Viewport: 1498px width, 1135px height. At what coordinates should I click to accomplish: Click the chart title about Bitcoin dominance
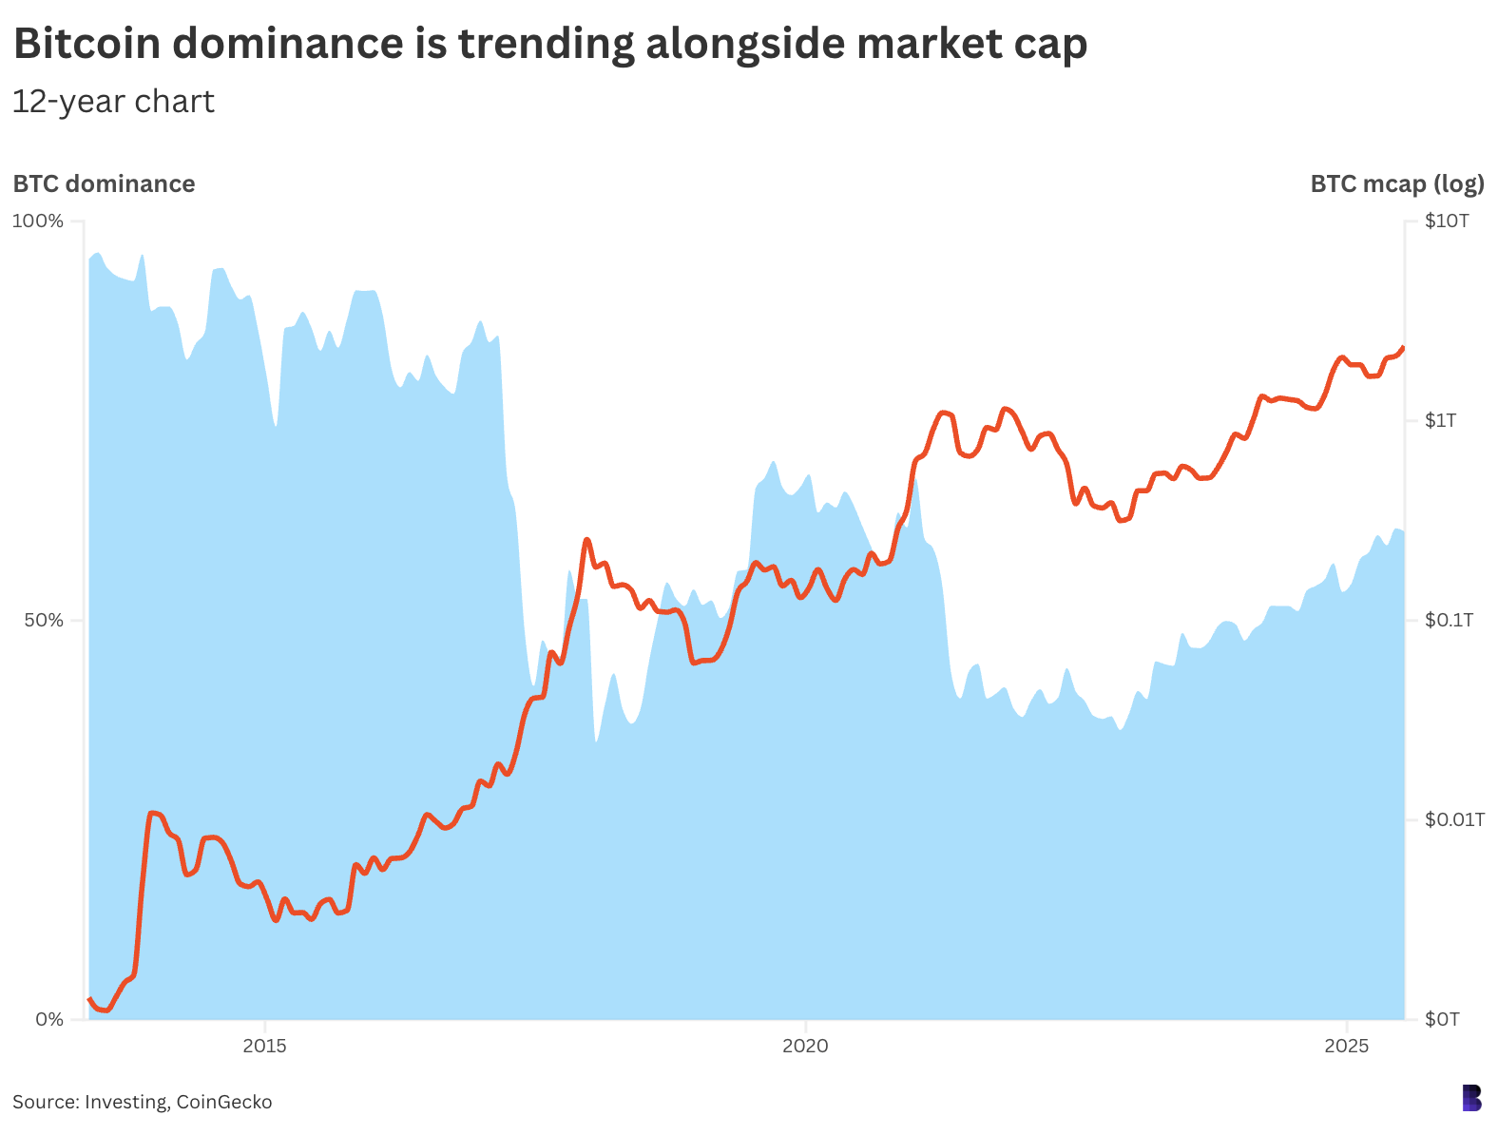[549, 45]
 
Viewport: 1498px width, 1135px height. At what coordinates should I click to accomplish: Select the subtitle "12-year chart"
[113, 102]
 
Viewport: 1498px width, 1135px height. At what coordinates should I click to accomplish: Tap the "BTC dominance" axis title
[104, 183]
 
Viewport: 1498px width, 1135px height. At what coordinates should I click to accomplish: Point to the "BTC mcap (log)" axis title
[1396, 183]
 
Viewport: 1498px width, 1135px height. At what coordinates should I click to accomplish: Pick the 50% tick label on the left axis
[43, 621]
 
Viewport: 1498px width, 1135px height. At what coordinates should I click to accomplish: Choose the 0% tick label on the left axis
[48, 1020]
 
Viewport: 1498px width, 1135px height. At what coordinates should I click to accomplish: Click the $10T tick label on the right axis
[1447, 221]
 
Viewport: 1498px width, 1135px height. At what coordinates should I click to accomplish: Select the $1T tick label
[1441, 420]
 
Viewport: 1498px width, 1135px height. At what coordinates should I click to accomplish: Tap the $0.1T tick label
[1449, 621]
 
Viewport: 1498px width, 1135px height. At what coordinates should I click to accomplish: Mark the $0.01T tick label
[1454, 819]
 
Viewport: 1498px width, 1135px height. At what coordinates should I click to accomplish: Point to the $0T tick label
[1442, 1020]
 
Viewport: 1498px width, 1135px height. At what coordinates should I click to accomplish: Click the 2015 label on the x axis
[264, 1047]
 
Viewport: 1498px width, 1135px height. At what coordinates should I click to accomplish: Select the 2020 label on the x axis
[805, 1047]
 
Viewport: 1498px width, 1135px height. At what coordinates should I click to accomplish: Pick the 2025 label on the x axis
[1346, 1047]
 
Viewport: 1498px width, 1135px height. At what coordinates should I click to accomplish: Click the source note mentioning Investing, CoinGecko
[143, 1103]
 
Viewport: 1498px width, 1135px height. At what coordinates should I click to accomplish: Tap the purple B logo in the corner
[1471, 1098]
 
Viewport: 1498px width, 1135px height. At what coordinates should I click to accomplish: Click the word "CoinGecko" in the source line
[224, 1103]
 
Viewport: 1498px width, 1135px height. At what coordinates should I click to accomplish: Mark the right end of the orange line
[1403, 348]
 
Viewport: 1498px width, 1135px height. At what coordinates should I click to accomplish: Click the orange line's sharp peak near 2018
[586, 540]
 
